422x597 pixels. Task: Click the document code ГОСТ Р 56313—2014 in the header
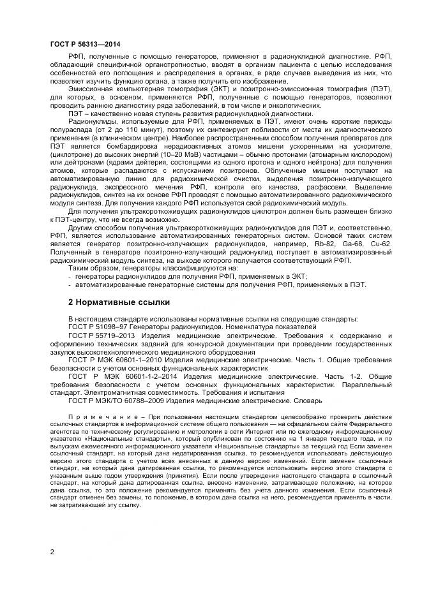[85, 44]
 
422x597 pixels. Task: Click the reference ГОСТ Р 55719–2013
[103, 335]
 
